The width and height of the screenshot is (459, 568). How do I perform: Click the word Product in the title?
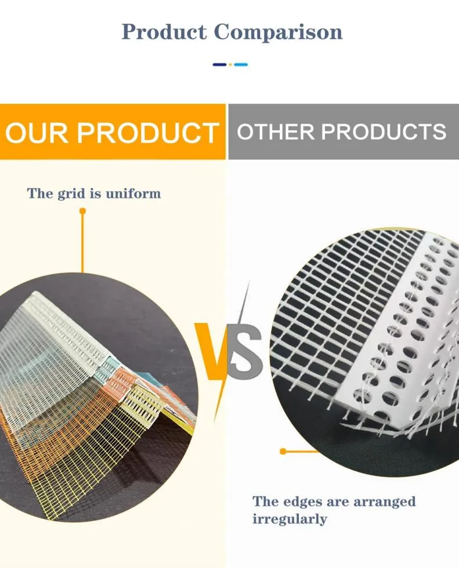(x=164, y=31)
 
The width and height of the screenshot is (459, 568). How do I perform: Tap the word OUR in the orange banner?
(x=37, y=133)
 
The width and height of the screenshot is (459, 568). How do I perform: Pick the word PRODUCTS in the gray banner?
(x=384, y=132)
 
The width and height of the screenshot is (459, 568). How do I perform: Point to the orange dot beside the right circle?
(x=283, y=451)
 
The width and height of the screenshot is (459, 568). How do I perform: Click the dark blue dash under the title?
(x=220, y=64)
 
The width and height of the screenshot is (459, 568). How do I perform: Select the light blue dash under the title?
(x=241, y=64)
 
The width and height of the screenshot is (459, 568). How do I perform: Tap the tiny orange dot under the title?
(x=230, y=64)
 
